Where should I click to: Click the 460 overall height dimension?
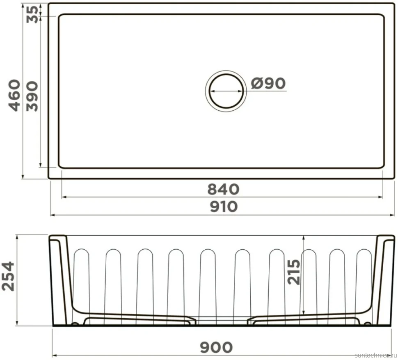tap(14, 96)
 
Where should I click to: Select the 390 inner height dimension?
tap(32, 96)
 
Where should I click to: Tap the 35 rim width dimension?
tap(33, 14)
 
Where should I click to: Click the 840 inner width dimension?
tap(223, 189)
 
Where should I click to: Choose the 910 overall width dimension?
tap(224, 207)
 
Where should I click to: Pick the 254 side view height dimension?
tap(8, 276)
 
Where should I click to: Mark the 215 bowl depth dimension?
tap(294, 272)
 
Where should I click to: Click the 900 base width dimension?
tap(216, 347)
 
